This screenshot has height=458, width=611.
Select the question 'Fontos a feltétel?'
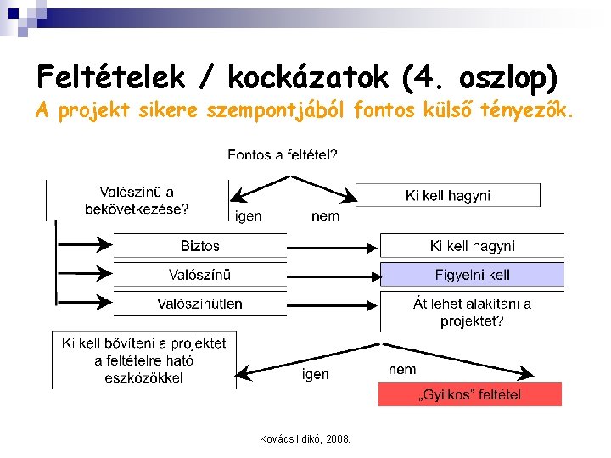click(282, 155)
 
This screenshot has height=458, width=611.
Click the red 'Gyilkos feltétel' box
click(469, 394)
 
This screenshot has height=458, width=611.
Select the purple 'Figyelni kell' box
click(472, 275)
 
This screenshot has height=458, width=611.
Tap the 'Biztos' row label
click(199, 246)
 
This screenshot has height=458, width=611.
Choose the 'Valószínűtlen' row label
click(199, 303)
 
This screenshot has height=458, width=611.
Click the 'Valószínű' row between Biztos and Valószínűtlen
click(199, 275)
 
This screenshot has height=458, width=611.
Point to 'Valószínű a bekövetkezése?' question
click(137, 201)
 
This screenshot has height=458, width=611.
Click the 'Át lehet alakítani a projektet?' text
click(472, 312)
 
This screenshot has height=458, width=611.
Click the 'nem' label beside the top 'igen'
click(325, 216)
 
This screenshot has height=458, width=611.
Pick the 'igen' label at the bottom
click(315, 374)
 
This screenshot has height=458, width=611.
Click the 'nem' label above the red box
click(402, 370)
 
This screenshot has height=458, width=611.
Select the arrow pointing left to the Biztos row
click(86, 246)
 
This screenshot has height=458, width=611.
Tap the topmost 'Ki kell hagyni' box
click(447, 196)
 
